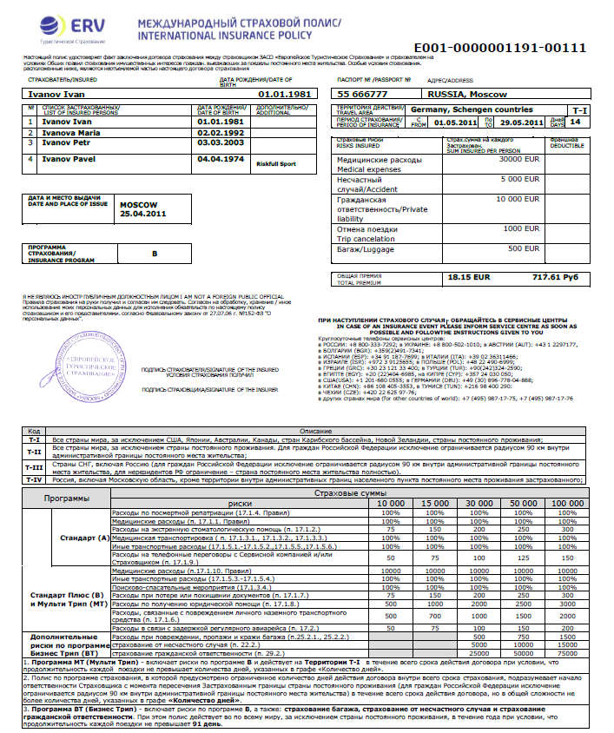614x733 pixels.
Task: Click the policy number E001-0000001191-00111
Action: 499,48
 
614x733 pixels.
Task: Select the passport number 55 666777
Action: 363,92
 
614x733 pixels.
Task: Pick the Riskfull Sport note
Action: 277,162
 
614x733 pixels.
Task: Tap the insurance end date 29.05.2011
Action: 518,124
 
